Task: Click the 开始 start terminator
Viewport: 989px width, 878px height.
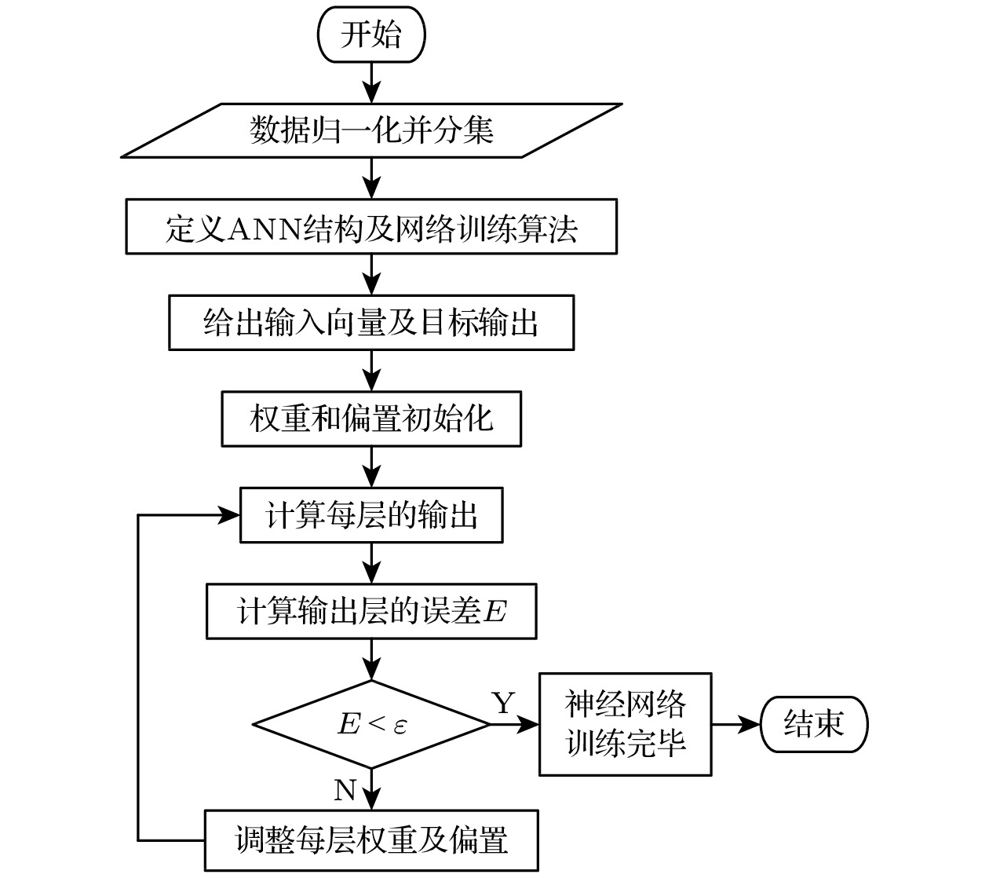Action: (370, 35)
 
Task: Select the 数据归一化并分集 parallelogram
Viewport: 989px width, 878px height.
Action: (371, 130)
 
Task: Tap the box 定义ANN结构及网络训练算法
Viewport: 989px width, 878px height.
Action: (371, 227)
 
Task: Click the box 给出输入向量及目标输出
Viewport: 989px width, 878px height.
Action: (371, 323)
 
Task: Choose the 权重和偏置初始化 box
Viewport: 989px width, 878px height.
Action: (371, 419)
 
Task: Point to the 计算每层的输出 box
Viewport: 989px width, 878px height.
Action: (371, 516)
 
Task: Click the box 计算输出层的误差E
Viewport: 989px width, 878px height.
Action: (371, 611)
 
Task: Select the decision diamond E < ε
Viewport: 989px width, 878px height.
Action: (371, 724)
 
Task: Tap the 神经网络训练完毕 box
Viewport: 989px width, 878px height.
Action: (625, 724)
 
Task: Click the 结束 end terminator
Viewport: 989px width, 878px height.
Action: (814, 724)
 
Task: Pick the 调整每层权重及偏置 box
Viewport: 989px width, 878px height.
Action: (371, 840)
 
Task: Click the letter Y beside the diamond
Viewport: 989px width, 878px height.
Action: (503, 703)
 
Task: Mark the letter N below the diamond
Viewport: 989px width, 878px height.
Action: (345, 789)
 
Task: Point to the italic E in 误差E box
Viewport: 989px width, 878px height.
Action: (495, 612)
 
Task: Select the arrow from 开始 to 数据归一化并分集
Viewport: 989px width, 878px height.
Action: (371, 82)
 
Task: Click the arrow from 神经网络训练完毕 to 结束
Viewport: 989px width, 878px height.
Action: (735, 724)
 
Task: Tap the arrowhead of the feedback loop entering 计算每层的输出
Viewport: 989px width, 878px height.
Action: (229, 516)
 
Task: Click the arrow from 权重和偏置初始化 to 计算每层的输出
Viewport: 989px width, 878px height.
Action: (371, 467)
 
